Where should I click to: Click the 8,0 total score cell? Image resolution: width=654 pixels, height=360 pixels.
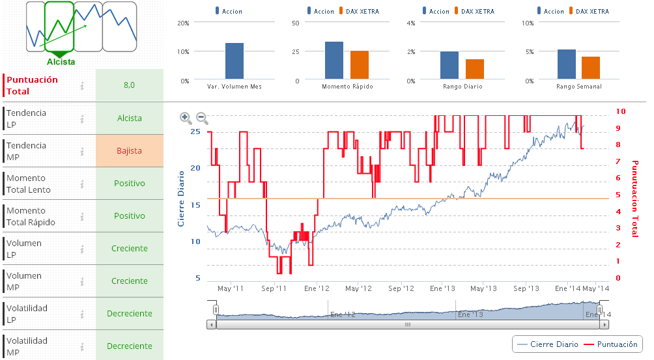[x=129, y=85]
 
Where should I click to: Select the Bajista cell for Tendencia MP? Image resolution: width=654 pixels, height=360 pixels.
[x=129, y=151]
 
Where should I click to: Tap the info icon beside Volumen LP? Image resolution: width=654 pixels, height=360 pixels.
[x=82, y=249]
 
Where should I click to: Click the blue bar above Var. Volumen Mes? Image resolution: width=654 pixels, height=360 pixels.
[x=235, y=61]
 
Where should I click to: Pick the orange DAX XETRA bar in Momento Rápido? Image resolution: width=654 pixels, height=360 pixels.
[x=360, y=65]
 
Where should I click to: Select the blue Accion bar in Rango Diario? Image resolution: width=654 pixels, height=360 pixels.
[x=449, y=65]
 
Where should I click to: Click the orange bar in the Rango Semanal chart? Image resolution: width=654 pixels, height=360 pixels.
[x=591, y=68]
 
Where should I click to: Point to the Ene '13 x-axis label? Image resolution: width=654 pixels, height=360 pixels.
[x=442, y=288]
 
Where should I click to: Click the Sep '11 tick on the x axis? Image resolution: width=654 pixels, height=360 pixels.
[x=274, y=288]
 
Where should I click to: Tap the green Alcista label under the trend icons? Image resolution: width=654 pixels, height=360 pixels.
[x=61, y=62]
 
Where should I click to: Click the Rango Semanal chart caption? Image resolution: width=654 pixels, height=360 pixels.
[x=579, y=86]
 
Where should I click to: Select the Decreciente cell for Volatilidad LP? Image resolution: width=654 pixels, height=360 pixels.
[x=129, y=314]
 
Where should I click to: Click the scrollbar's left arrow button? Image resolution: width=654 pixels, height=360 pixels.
[x=211, y=324]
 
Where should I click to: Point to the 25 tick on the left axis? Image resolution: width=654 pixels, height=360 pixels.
[x=195, y=132]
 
